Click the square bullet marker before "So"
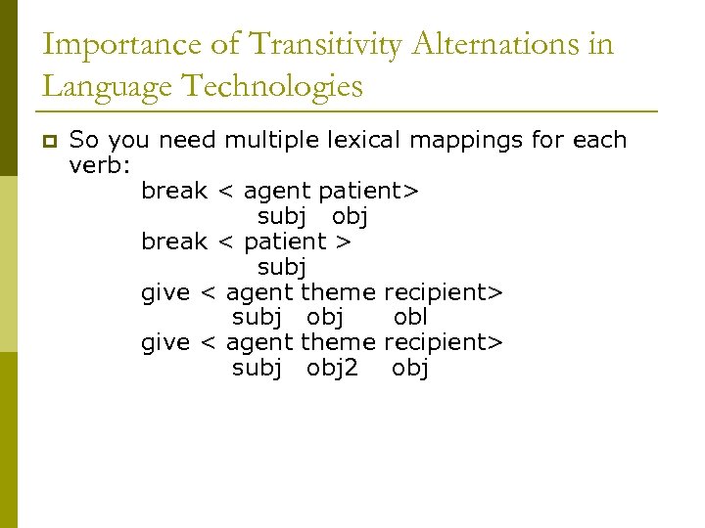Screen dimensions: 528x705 48,141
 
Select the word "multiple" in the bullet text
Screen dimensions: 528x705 267,140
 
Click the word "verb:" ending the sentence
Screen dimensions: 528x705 100,165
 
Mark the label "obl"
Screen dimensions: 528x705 410,317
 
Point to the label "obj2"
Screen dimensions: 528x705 332,368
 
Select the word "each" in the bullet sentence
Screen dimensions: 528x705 599,140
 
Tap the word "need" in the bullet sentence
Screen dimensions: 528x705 187,140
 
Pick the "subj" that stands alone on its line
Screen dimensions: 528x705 282,266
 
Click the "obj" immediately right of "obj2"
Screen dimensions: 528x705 410,368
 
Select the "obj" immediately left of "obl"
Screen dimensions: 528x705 325,317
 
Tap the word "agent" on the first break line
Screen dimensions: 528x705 277,190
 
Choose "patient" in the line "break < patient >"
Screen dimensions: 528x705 285,241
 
